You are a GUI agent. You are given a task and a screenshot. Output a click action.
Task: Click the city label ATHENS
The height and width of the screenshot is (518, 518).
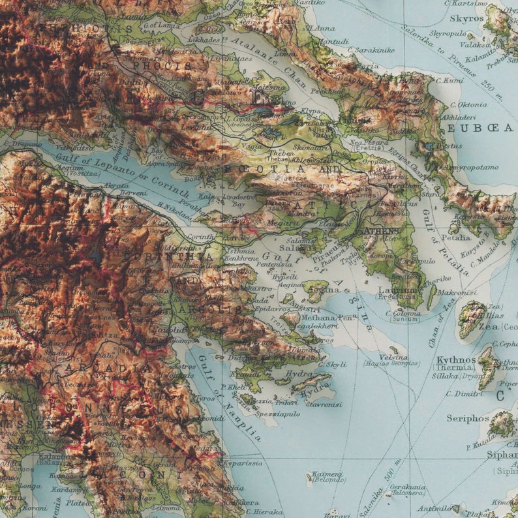pos(381,231)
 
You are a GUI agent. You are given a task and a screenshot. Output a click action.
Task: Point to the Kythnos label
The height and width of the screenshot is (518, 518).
pos(456,359)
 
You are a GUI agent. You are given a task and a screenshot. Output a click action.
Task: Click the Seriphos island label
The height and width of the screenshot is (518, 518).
pos(468,418)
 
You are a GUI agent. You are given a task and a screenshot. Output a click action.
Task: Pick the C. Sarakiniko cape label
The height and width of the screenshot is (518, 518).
pos(371,49)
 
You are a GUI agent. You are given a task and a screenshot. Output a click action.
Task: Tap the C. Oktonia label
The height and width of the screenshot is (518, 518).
pos(464,104)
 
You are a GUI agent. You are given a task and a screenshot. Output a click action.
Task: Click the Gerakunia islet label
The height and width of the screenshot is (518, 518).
pos(410,487)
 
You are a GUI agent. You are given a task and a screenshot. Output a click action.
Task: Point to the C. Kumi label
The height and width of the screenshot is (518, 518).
pos(449,80)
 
